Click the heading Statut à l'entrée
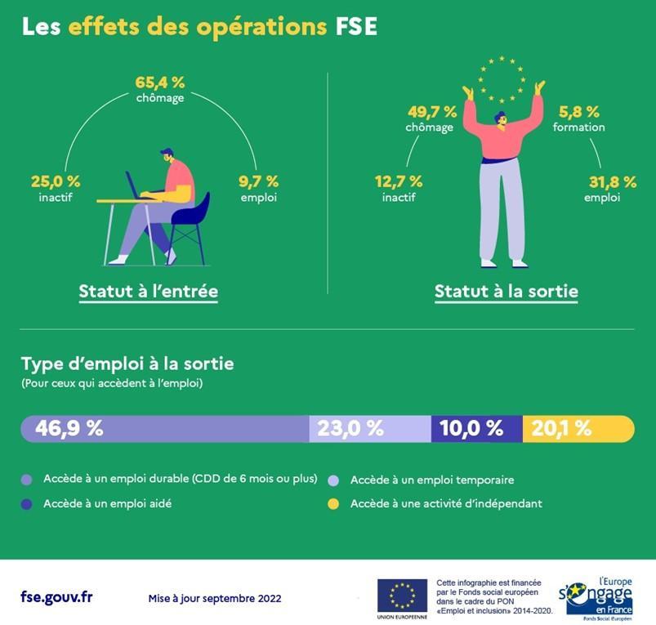[148, 291]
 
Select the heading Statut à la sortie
[506, 291]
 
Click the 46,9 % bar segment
[164, 428]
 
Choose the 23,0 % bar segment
[369, 428]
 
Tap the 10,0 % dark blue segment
[476, 428]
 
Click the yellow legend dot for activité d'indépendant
[333, 504]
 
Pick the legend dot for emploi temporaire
[333, 480]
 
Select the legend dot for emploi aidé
[26, 504]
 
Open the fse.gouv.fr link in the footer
[56, 596]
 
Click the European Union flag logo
[402, 595]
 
